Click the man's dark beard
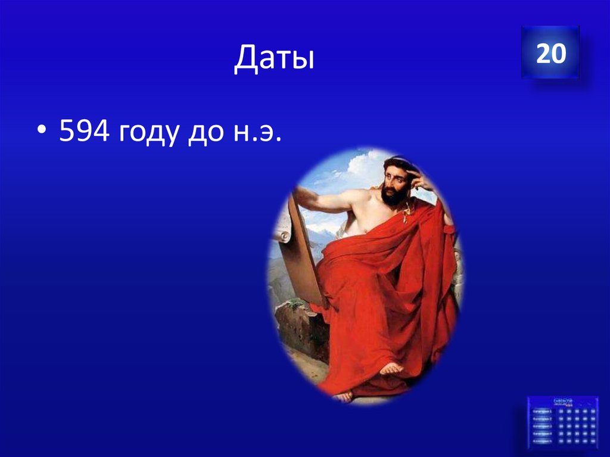tap(393, 196)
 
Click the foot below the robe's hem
tap(391, 368)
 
